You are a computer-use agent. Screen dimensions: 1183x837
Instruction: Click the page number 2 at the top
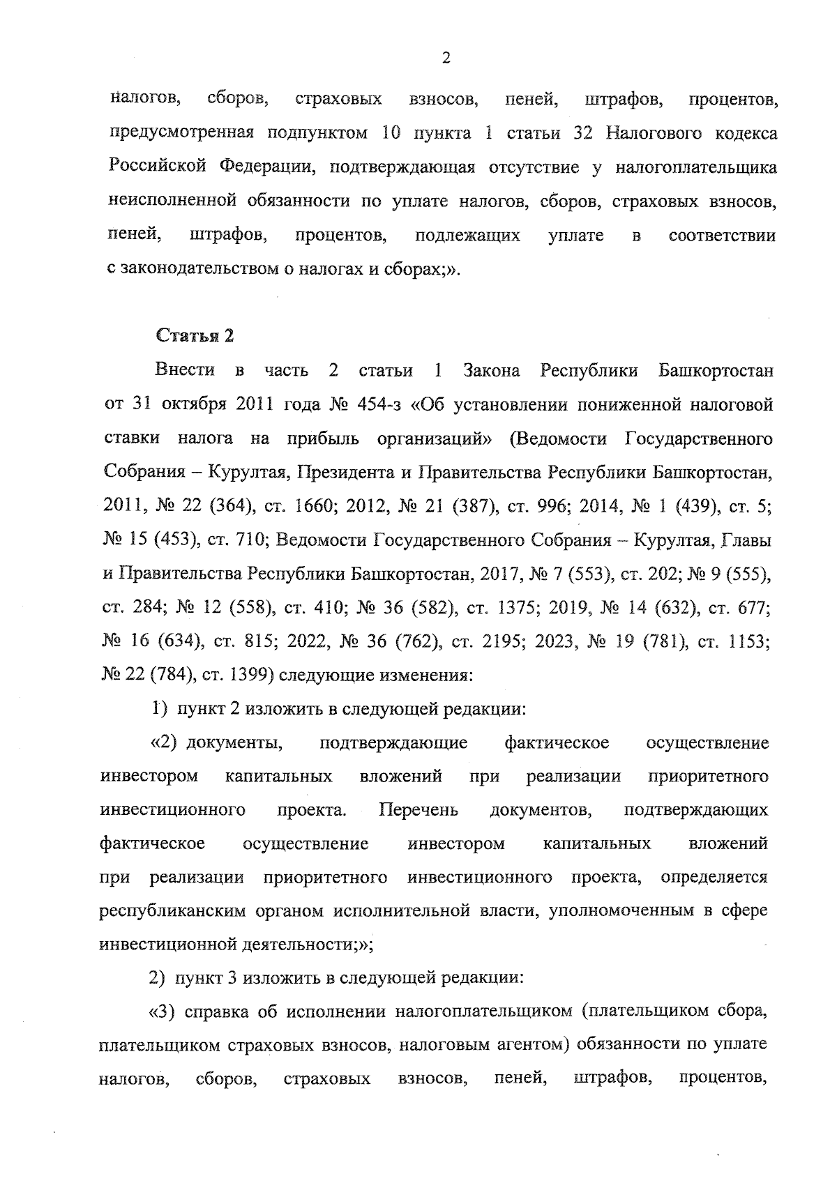click(x=446, y=59)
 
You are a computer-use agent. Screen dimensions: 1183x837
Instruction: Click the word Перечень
click(x=418, y=811)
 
